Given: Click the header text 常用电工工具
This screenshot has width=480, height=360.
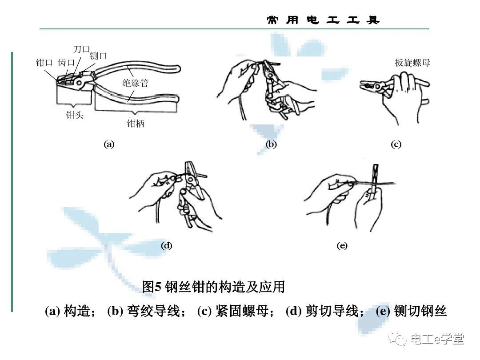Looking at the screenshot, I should pos(323,20).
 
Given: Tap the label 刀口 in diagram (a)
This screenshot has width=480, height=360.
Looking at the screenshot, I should pos(81,49).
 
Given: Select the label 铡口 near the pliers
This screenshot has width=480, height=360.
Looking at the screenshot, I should pos(98,56).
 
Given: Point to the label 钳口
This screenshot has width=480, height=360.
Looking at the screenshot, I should pos(44,63).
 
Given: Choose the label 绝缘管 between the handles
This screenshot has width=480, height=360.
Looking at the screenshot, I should pos(135,83).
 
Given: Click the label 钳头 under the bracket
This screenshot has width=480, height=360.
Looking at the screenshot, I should pos(74,116).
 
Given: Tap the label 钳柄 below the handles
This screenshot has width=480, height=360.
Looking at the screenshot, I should pos(136,124).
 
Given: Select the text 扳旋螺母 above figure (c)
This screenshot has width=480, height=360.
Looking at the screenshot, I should pos(412,63).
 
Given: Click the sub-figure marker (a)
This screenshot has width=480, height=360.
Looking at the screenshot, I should pos(109,144).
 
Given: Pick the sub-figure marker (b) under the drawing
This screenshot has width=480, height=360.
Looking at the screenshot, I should pos(271,144).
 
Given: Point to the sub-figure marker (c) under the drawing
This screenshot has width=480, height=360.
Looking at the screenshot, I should pos(396,144).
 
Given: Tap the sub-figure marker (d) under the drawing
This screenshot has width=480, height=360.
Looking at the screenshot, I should pos(166,245).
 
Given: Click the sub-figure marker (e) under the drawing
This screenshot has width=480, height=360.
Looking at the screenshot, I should pos(342,245).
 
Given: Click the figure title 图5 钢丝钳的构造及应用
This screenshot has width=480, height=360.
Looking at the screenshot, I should pos(213,287).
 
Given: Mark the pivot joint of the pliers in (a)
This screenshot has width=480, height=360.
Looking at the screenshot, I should pos(80,83).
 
